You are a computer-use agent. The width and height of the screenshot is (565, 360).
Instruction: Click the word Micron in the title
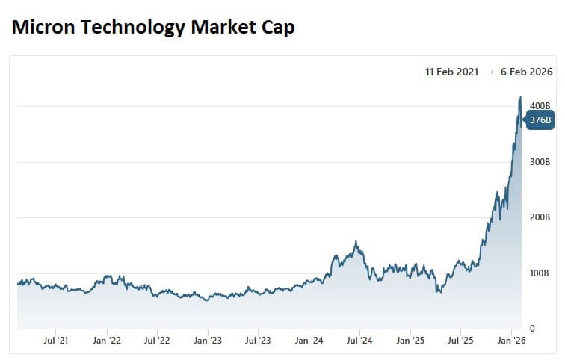coord(43,28)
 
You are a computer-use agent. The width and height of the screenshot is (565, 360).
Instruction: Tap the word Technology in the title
coord(127,28)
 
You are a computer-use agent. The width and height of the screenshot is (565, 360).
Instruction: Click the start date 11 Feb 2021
coord(451,72)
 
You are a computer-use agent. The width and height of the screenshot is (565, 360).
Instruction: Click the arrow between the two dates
coord(489,72)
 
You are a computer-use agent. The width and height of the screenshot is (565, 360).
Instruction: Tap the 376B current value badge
coord(540,120)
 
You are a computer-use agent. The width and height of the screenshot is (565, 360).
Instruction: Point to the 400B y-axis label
coord(540,106)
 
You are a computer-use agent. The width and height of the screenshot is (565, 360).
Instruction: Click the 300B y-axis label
coord(540,162)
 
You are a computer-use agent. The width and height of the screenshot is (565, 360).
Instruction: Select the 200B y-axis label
coord(540,217)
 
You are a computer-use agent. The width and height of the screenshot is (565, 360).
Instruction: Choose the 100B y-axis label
coord(540,273)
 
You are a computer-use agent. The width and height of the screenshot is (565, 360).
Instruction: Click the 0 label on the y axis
coord(531,329)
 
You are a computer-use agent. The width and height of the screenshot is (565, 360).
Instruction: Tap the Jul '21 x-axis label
coord(57,341)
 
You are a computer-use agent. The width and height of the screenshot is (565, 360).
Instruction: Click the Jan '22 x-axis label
coord(107,341)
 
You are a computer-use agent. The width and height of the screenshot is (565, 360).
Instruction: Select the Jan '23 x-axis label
coord(208,341)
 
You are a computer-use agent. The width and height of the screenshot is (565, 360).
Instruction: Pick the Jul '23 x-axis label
coord(258,341)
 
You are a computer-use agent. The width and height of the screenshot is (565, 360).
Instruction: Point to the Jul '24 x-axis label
coord(359,341)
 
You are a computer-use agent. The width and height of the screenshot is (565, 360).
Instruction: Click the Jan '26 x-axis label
coord(511,341)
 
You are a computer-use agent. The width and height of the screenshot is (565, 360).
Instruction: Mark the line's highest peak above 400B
coord(520,96)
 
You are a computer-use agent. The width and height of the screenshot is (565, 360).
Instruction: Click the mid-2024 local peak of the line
coord(356,241)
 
